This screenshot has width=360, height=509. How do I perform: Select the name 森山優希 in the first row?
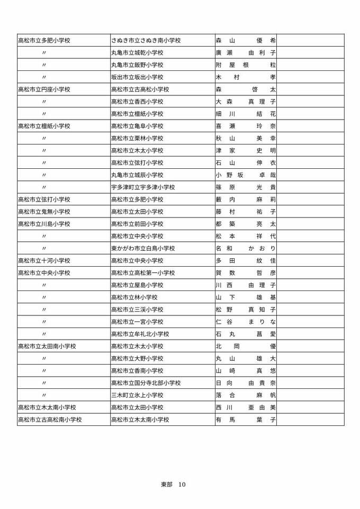(246, 40)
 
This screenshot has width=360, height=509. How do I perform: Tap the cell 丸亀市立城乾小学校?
(137, 53)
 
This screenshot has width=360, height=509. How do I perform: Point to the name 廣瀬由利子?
(246, 53)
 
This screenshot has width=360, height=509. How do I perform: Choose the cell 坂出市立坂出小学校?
(137, 77)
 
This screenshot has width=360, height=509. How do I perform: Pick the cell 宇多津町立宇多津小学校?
(143, 187)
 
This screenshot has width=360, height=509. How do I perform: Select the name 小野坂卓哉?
(246, 175)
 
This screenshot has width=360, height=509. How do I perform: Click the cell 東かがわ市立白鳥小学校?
(143, 248)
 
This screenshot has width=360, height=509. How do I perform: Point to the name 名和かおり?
(246, 248)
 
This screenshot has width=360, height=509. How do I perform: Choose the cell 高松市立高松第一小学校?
(143, 273)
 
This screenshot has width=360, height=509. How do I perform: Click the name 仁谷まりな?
(246, 322)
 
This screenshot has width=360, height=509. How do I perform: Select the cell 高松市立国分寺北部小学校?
(146, 383)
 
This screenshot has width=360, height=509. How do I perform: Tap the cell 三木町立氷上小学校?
(137, 395)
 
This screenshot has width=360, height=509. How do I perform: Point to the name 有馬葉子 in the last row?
(246, 420)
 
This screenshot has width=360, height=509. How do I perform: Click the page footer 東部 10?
(173, 484)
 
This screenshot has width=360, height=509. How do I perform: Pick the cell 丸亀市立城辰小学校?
(137, 175)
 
